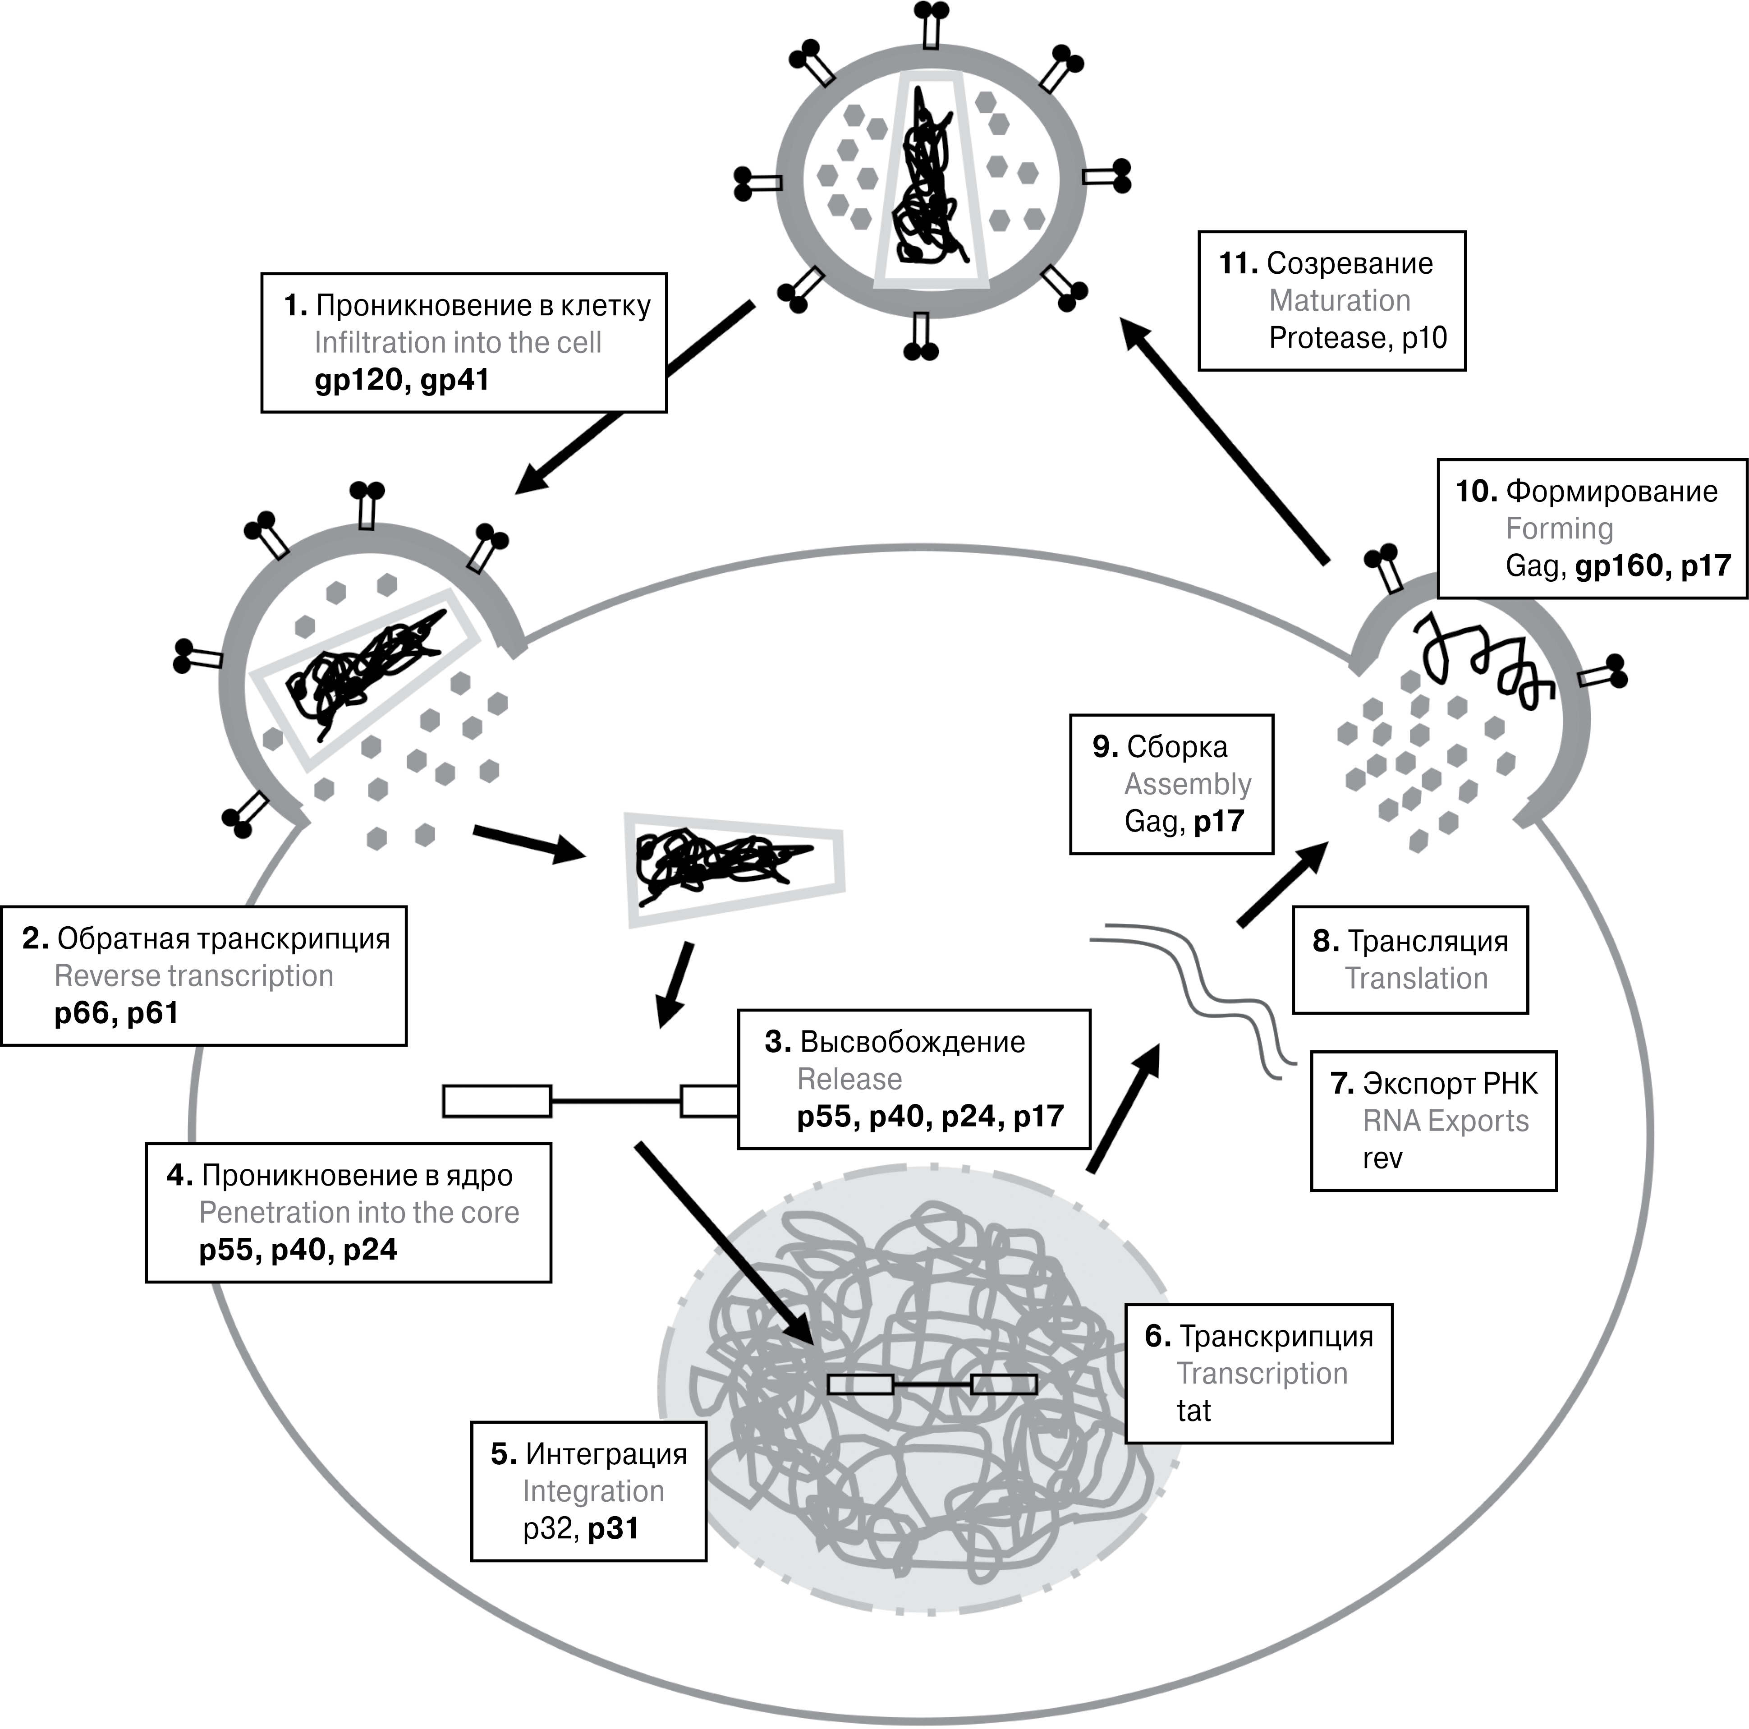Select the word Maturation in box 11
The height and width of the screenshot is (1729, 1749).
coord(1340,300)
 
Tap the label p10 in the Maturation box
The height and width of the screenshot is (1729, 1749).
coord(1424,339)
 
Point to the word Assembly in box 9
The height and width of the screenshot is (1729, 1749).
coord(1188,784)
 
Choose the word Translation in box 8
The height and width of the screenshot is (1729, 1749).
coord(1416,979)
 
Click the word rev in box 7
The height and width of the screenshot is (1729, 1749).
coord(1382,1159)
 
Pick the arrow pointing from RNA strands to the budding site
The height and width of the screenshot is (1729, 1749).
coord(1282,883)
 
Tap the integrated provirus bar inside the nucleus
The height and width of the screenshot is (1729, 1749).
coord(932,1384)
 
